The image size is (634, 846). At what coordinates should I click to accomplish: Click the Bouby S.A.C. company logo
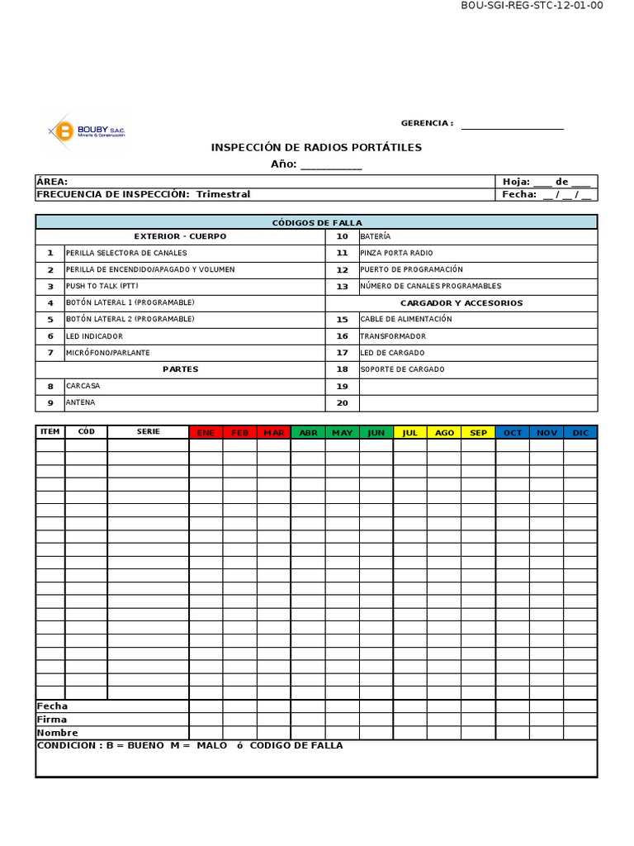point(87,131)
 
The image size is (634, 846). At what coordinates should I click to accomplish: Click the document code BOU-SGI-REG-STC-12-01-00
point(532,6)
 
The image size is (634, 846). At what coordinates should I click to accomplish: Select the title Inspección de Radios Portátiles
point(316,147)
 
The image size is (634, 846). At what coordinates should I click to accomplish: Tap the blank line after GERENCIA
point(512,126)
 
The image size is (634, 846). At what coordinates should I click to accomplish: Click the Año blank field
point(331,165)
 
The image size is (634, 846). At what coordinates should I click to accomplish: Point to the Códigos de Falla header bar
point(316,222)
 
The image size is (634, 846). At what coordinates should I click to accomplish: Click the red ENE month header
point(206,432)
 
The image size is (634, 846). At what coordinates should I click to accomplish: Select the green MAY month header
point(342,432)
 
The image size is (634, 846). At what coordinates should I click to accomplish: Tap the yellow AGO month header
point(444,432)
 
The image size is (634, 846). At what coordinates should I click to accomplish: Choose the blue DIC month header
point(580,432)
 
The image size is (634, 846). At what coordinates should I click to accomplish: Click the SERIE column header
point(149,431)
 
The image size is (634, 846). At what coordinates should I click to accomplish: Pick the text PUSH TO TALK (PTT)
point(102,286)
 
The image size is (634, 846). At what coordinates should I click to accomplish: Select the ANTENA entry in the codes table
point(81,402)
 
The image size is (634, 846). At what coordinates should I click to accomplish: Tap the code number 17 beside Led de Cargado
point(342,353)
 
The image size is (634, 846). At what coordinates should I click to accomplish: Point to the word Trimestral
point(223,194)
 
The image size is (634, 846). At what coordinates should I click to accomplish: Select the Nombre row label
point(57,733)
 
